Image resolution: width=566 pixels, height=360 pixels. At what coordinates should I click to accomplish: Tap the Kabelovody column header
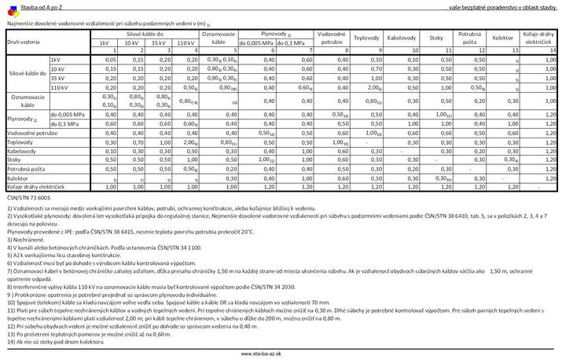(401, 37)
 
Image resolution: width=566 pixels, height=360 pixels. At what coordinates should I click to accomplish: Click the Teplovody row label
(21, 142)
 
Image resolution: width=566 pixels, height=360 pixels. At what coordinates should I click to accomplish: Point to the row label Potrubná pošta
(26, 168)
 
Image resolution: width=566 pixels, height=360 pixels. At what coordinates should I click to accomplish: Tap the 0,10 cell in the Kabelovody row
(111, 151)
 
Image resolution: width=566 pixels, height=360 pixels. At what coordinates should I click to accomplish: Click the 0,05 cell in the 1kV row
(111, 60)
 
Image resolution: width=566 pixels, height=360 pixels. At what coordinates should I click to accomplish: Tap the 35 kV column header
(159, 42)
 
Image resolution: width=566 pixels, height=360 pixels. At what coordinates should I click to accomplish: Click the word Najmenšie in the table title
(20, 24)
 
